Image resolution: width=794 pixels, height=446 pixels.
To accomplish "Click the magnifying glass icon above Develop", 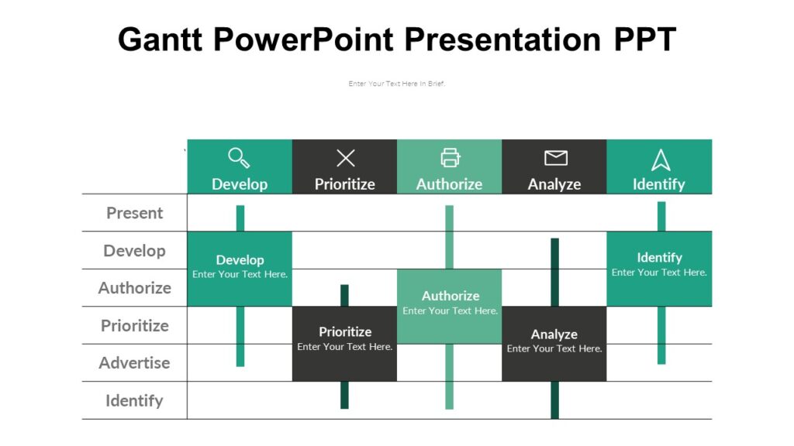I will click(x=239, y=158).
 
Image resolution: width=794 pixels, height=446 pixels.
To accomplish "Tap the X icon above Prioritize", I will click(x=345, y=159).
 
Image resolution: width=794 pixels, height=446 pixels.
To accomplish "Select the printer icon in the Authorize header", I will click(x=450, y=158).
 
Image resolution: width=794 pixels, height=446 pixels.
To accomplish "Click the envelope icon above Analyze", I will click(x=555, y=158).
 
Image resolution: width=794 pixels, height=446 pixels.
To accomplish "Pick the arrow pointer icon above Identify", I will click(x=660, y=160).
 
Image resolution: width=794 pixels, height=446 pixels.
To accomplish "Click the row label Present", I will click(x=134, y=213).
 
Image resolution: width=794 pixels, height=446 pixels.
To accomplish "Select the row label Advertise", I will click(x=134, y=362).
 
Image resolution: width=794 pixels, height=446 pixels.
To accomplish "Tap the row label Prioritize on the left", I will click(x=134, y=325).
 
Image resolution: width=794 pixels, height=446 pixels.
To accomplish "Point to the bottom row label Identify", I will click(x=134, y=400).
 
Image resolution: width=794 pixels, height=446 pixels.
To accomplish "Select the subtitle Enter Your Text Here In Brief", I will click(x=396, y=84).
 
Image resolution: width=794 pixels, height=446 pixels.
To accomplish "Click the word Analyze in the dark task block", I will click(x=554, y=334).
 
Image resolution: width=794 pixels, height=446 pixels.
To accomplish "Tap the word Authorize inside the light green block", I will click(x=450, y=296).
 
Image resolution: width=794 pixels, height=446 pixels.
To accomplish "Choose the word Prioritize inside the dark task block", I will click(x=345, y=332).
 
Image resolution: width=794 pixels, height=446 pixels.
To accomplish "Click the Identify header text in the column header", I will click(x=658, y=184).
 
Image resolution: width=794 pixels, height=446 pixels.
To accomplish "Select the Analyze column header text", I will click(x=554, y=184).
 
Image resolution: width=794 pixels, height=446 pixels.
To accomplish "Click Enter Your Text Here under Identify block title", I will click(x=659, y=273).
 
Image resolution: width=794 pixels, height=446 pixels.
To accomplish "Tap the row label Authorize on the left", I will click(x=134, y=288).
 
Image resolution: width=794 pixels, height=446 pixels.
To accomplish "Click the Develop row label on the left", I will click(x=134, y=251).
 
